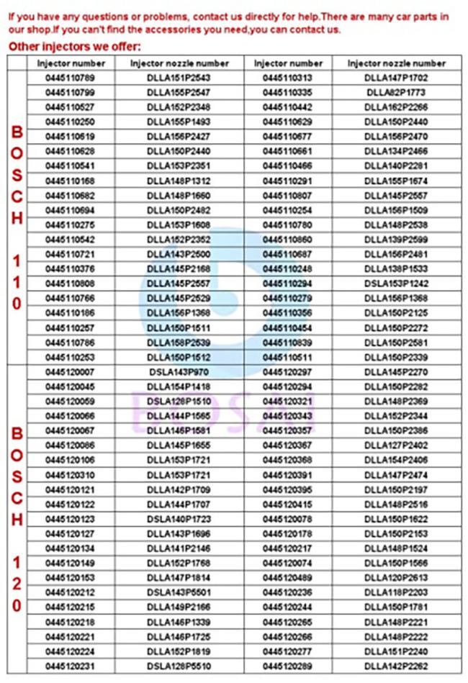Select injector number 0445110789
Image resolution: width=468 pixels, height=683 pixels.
point(70,78)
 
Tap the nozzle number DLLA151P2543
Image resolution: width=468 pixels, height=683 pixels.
point(178,78)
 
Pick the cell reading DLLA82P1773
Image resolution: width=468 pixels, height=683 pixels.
point(396,92)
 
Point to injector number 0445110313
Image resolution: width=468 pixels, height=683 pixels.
point(287,78)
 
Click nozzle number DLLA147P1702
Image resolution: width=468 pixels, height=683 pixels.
point(396,78)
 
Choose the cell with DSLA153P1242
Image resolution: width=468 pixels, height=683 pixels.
point(396,284)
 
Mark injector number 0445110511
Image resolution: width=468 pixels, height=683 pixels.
point(287,357)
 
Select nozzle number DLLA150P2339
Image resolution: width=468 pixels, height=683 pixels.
point(396,357)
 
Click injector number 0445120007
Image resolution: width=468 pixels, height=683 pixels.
point(70,372)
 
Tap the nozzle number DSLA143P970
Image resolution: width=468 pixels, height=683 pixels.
point(178,372)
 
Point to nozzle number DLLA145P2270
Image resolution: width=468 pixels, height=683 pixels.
point(396,372)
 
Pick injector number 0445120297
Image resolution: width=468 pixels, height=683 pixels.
point(287,372)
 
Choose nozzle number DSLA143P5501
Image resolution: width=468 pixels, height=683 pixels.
point(178,592)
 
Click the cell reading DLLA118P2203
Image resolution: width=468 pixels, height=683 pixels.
point(396,592)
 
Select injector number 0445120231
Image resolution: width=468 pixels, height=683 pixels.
point(70,666)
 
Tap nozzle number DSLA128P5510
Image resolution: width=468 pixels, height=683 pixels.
point(178,666)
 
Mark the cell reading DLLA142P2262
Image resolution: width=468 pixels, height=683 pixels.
point(396,666)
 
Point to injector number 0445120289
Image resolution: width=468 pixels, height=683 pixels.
point(287,666)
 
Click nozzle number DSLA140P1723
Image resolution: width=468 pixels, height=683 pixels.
point(178,519)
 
